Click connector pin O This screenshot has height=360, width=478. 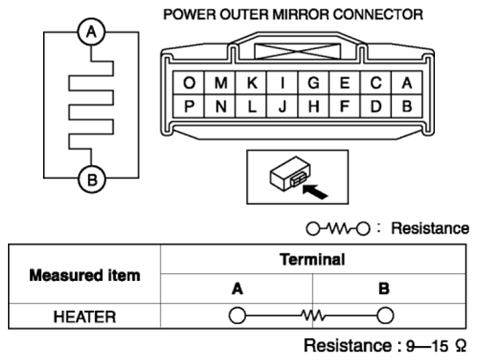click(x=189, y=83)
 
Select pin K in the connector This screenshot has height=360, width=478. click(x=251, y=83)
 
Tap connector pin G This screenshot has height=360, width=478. click(x=314, y=83)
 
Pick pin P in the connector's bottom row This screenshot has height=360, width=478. click(x=189, y=106)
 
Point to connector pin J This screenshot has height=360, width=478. click(x=283, y=106)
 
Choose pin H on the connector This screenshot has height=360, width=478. click(x=314, y=106)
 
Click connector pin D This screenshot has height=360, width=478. click(x=376, y=106)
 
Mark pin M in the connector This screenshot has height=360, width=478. click(x=221, y=83)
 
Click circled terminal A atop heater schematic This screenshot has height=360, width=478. click(x=91, y=32)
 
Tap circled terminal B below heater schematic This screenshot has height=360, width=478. click(x=92, y=179)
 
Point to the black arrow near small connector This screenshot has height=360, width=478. click(x=315, y=191)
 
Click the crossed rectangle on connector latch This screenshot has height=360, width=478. click(x=297, y=51)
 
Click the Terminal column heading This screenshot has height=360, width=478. click(x=313, y=260)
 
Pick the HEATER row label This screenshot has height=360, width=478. click(x=84, y=317)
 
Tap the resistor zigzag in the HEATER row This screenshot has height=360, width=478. click(x=313, y=315)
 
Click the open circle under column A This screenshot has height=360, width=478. click(x=237, y=315)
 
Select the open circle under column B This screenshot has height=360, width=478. click(x=386, y=315)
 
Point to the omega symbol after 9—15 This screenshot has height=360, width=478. click(x=461, y=345)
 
